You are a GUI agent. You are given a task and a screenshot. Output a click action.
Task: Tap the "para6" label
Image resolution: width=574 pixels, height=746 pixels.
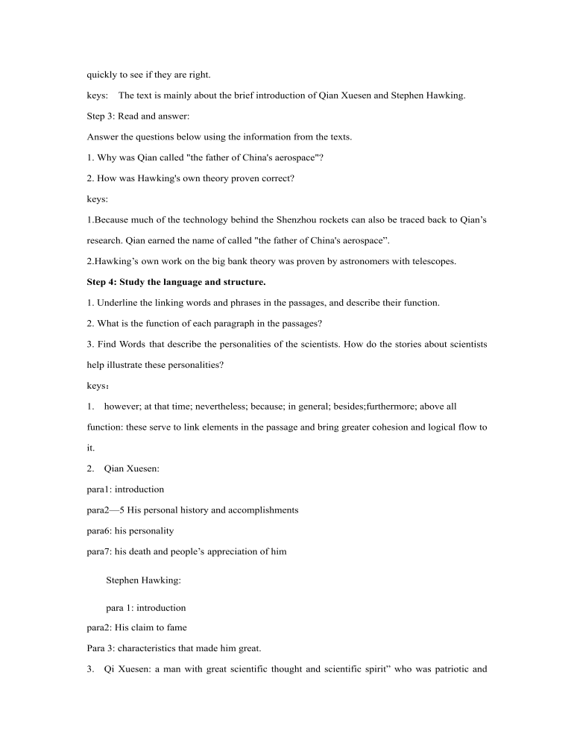(99, 531)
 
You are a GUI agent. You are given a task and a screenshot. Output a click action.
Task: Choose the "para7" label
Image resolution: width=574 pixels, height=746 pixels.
(99, 552)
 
